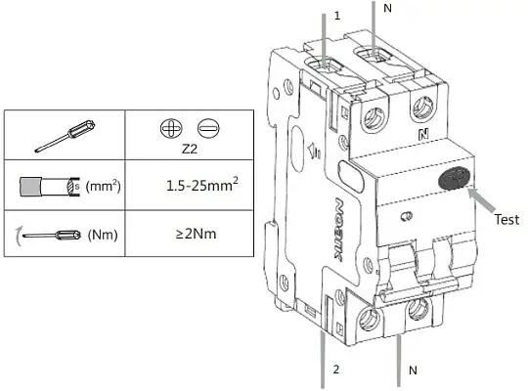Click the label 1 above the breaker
click(337, 16)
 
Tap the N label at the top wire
click(388, 8)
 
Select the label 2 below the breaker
click(336, 369)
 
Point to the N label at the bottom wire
click(413, 370)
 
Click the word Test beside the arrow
click(506, 220)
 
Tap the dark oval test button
click(455, 178)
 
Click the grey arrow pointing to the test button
click(482, 199)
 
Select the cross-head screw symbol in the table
click(171, 128)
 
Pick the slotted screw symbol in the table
click(208, 128)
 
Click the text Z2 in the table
click(190, 149)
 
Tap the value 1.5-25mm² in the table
click(202, 185)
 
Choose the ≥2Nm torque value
click(196, 234)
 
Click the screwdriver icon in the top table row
click(65, 137)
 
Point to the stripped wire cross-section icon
click(50, 187)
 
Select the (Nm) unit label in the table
click(103, 235)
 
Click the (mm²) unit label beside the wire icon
click(103, 186)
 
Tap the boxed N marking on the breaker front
click(423, 135)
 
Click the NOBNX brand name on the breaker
click(339, 229)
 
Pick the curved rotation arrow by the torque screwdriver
click(19, 236)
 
